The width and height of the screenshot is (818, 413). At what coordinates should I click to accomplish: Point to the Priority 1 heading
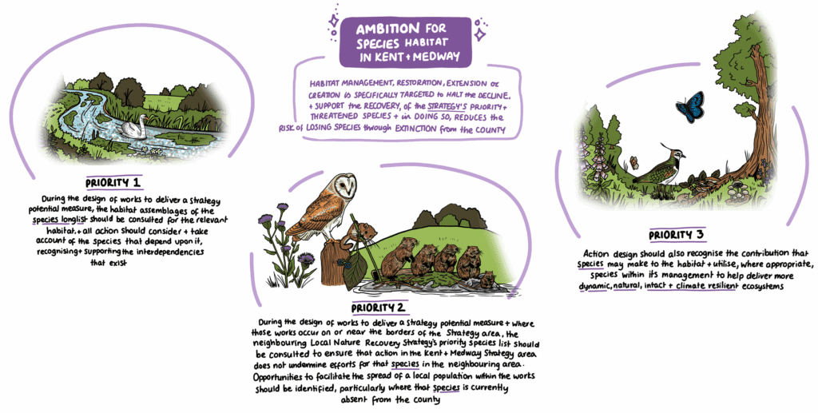(114, 183)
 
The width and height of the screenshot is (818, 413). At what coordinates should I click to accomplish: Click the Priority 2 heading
(379, 308)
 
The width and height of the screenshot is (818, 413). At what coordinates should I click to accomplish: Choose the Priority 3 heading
(676, 235)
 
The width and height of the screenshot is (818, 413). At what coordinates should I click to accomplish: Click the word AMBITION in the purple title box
(387, 28)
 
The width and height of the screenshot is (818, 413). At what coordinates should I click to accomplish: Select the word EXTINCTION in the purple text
(415, 129)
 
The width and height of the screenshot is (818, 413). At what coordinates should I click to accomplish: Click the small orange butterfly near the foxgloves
(634, 162)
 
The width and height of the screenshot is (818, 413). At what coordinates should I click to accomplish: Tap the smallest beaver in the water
(488, 280)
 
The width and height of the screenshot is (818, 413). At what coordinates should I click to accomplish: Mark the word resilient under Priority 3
(720, 286)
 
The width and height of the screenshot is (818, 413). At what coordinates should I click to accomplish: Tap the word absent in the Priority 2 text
(355, 400)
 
